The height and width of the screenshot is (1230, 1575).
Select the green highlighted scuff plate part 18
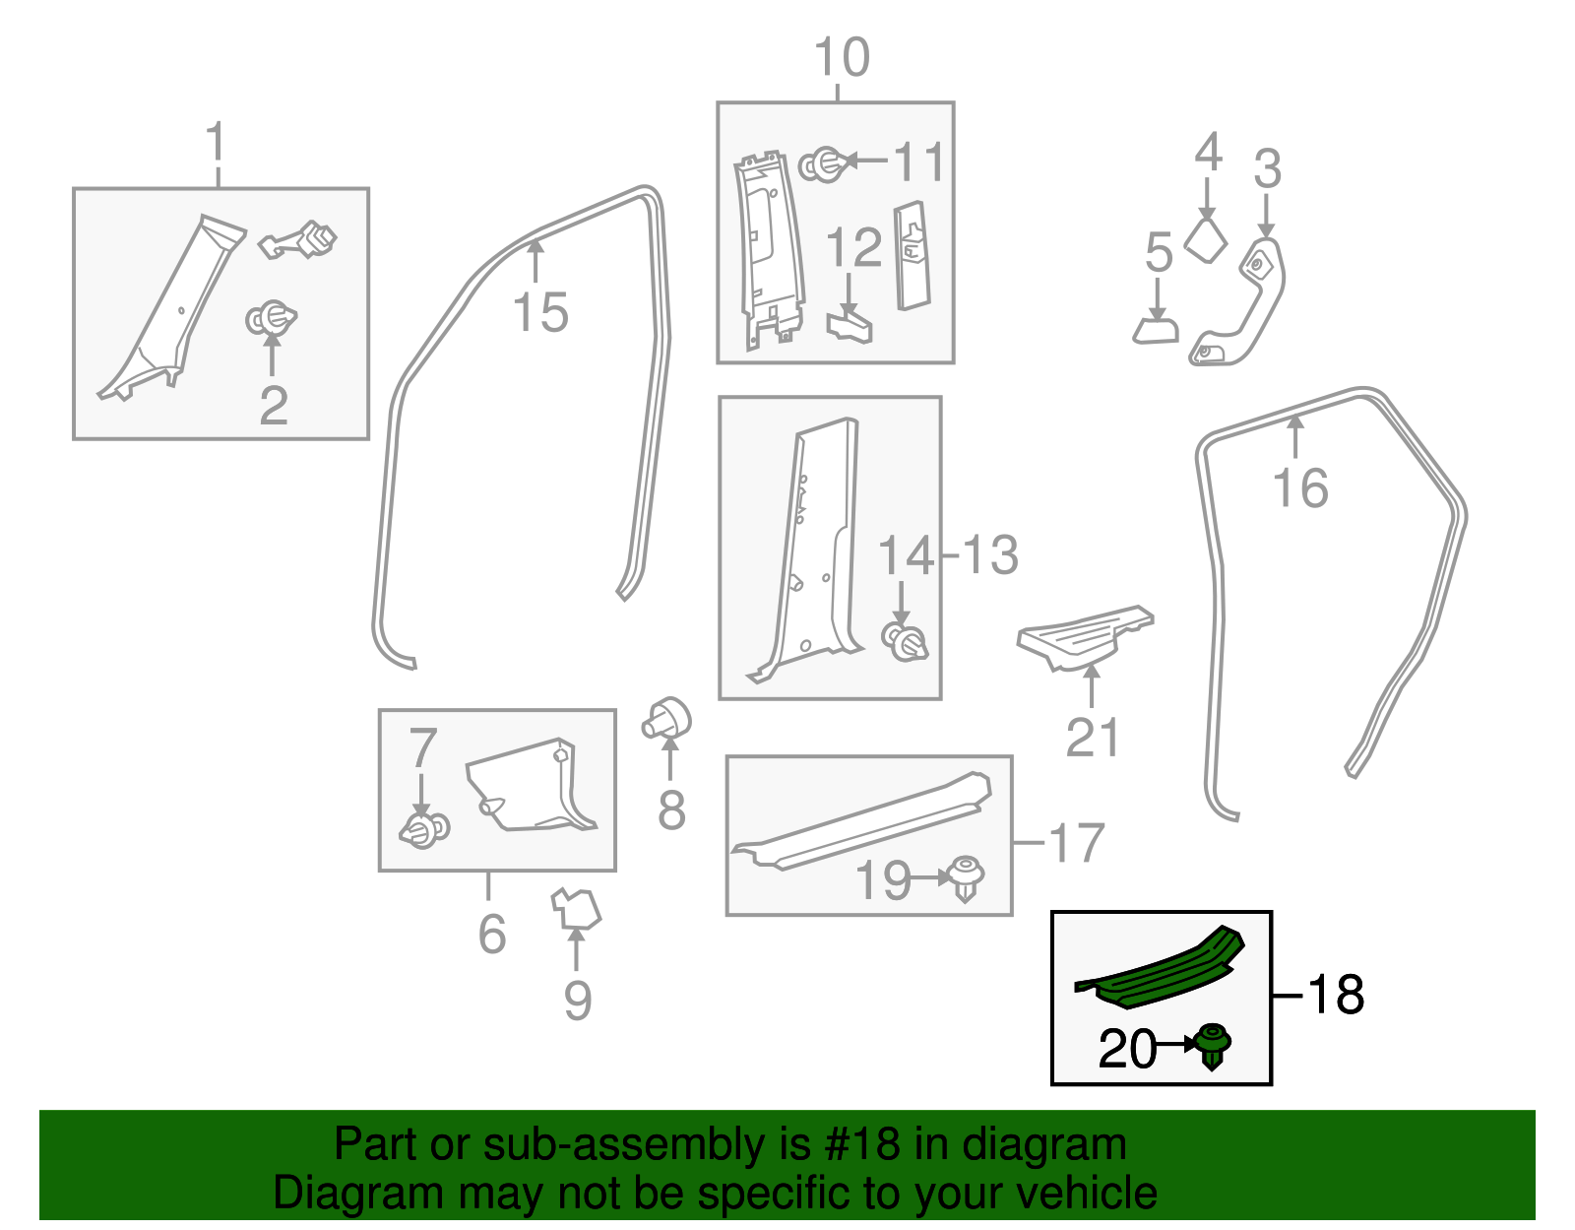(x=1162, y=975)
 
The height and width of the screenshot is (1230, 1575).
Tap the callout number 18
(x=1335, y=995)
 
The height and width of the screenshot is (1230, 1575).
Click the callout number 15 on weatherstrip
(x=540, y=313)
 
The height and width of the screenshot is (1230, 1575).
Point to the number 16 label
(x=1300, y=488)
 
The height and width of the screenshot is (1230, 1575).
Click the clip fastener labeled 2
(x=270, y=319)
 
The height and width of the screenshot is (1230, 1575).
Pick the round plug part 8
(x=667, y=719)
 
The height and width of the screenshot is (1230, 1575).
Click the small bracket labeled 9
(x=576, y=908)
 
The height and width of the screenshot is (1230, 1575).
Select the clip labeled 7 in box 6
(x=424, y=829)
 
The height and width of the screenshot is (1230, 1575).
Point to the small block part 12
(x=850, y=325)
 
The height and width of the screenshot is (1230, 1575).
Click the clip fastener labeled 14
(x=906, y=641)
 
